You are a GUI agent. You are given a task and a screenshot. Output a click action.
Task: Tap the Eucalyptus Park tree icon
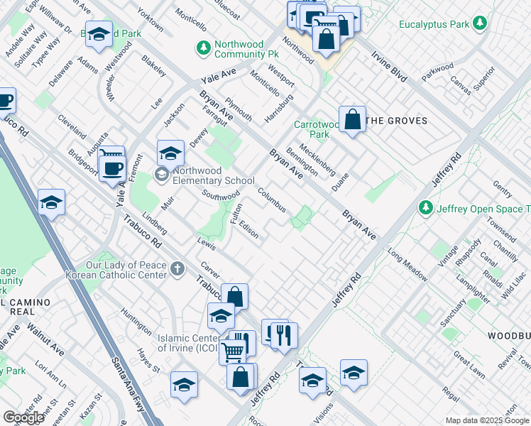(481, 24)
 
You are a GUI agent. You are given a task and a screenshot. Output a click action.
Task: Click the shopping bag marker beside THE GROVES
(352, 119)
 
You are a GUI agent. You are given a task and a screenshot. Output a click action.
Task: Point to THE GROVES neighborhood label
(397, 121)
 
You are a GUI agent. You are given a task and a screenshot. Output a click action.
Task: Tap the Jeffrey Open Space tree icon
(425, 208)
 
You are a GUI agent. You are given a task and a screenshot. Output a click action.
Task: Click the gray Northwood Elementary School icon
(163, 173)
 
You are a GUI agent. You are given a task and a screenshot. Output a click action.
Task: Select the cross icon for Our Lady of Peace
(177, 269)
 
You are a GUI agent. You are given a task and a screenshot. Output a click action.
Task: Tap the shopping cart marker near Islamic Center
(232, 350)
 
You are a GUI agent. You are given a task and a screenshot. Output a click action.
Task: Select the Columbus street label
(272, 200)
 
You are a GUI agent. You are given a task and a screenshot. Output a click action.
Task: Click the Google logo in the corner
(24, 417)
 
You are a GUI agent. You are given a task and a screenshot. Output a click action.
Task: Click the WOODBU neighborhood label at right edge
(509, 334)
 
